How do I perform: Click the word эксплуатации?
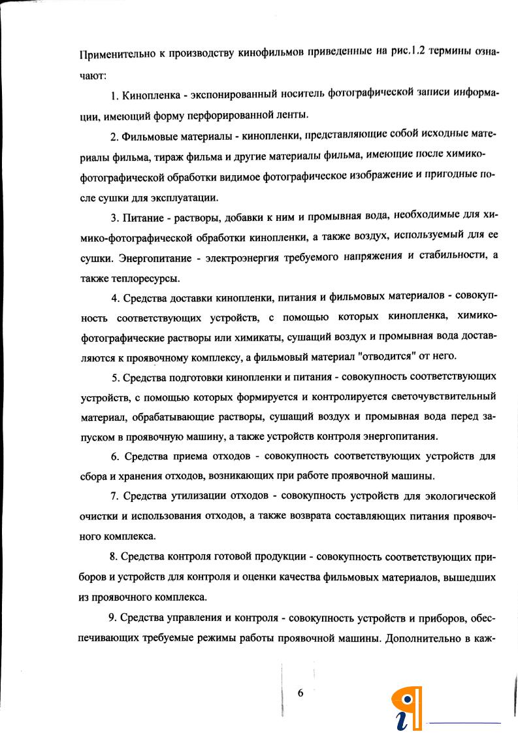[186, 197]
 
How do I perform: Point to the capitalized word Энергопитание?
[161, 258]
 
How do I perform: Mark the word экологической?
[457, 495]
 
